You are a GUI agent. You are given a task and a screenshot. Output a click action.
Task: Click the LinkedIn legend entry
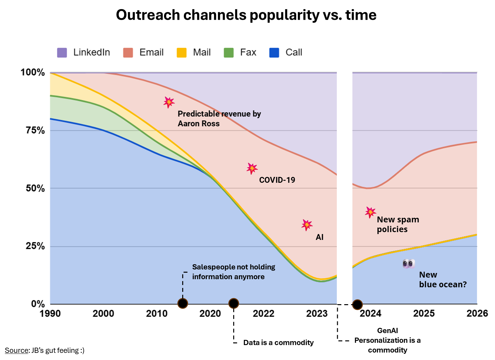point(84,53)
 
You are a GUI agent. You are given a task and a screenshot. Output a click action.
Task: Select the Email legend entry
point(144,53)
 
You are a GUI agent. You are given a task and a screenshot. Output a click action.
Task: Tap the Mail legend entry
point(194,53)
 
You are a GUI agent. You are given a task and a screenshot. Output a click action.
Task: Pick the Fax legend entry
point(240,53)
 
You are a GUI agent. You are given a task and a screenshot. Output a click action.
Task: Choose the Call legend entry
point(286,53)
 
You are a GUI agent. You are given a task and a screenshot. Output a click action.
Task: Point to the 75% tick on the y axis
point(35,130)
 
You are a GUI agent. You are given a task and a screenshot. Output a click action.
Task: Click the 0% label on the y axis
point(38,304)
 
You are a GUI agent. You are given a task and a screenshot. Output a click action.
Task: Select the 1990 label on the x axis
point(50,314)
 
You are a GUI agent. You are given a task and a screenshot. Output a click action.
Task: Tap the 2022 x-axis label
point(263,314)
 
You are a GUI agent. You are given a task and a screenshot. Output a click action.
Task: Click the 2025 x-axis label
point(424,314)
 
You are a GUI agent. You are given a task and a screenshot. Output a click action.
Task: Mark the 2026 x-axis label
point(477,314)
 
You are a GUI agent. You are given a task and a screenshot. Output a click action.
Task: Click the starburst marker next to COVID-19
point(252,168)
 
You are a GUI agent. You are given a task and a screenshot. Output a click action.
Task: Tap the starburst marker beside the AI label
point(307,225)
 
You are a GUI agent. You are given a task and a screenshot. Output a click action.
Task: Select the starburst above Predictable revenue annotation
point(169,102)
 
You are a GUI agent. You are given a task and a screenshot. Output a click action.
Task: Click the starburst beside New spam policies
point(370,212)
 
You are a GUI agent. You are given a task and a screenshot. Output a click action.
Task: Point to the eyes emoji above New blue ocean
point(409,264)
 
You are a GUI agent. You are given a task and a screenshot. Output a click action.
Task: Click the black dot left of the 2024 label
point(357,304)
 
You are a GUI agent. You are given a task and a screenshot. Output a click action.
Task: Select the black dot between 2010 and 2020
point(183,304)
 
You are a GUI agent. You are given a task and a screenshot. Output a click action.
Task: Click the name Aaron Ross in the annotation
point(198,124)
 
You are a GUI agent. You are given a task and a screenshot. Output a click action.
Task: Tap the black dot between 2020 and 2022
point(234,304)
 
